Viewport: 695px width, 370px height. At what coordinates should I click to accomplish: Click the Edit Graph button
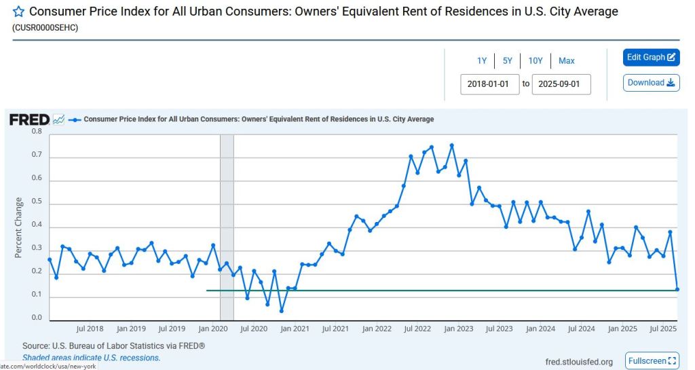click(651, 58)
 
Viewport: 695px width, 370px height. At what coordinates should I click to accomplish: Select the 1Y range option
click(482, 61)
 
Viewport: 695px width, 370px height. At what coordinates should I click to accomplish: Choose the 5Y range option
click(508, 61)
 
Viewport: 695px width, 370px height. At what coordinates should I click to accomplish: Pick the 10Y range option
click(536, 61)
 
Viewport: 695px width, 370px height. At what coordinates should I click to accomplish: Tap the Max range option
click(567, 61)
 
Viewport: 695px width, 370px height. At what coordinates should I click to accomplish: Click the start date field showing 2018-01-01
click(489, 85)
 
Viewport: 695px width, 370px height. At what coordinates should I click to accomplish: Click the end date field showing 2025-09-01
click(561, 85)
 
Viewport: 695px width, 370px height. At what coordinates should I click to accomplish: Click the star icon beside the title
click(18, 12)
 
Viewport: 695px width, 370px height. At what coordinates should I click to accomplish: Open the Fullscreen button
click(652, 361)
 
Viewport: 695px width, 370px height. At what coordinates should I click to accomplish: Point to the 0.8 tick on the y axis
click(37, 132)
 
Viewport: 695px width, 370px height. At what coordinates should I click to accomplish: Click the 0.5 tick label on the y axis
click(37, 202)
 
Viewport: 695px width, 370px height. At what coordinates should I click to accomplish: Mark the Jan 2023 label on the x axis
click(459, 329)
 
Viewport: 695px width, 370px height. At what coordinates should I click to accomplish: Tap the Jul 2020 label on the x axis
click(255, 329)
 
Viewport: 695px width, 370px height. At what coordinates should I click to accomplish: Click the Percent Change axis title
click(19, 227)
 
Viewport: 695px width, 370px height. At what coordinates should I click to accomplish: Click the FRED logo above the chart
click(29, 119)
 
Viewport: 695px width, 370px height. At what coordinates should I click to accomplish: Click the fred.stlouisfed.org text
click(579, 362)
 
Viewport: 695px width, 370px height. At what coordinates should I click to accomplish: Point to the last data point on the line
click(677, 290)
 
